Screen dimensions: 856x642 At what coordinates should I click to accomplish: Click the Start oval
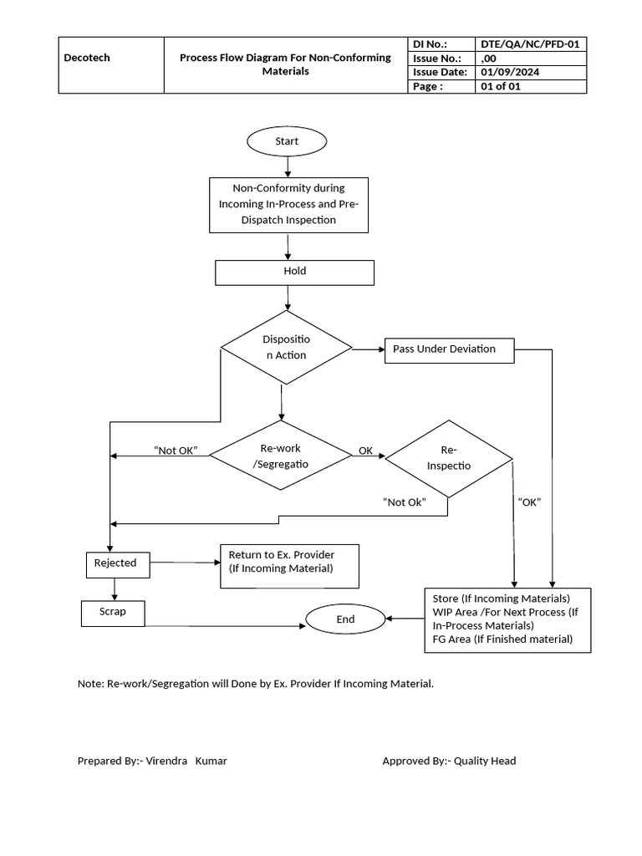tap(287, 141)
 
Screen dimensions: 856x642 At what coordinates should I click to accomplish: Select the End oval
tap(345, 619)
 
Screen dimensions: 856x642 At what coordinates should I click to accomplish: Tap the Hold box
tap(295, 272)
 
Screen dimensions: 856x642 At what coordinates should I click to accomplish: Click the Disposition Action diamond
tap(285, 348)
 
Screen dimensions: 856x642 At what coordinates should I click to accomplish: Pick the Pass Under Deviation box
tap(450, 349)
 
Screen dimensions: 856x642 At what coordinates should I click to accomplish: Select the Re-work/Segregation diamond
tap(280, 456)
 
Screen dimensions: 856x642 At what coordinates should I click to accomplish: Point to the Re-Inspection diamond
tap(449, 457)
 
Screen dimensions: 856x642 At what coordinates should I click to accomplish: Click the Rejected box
tap(115, 564)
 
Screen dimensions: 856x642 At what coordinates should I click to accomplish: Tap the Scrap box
tap(113, 612)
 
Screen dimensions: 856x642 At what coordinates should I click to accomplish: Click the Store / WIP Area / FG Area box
tap(507, 619)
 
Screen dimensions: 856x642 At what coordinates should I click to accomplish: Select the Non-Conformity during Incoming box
tap(288, 204)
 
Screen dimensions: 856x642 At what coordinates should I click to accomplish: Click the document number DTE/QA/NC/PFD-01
tap(531, 44)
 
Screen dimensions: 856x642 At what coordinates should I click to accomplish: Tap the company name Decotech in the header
tap(87, 59)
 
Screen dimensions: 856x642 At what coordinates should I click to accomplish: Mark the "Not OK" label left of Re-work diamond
tap(176, 451)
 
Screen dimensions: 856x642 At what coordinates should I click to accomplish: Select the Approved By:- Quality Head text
tap(449, 761)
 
